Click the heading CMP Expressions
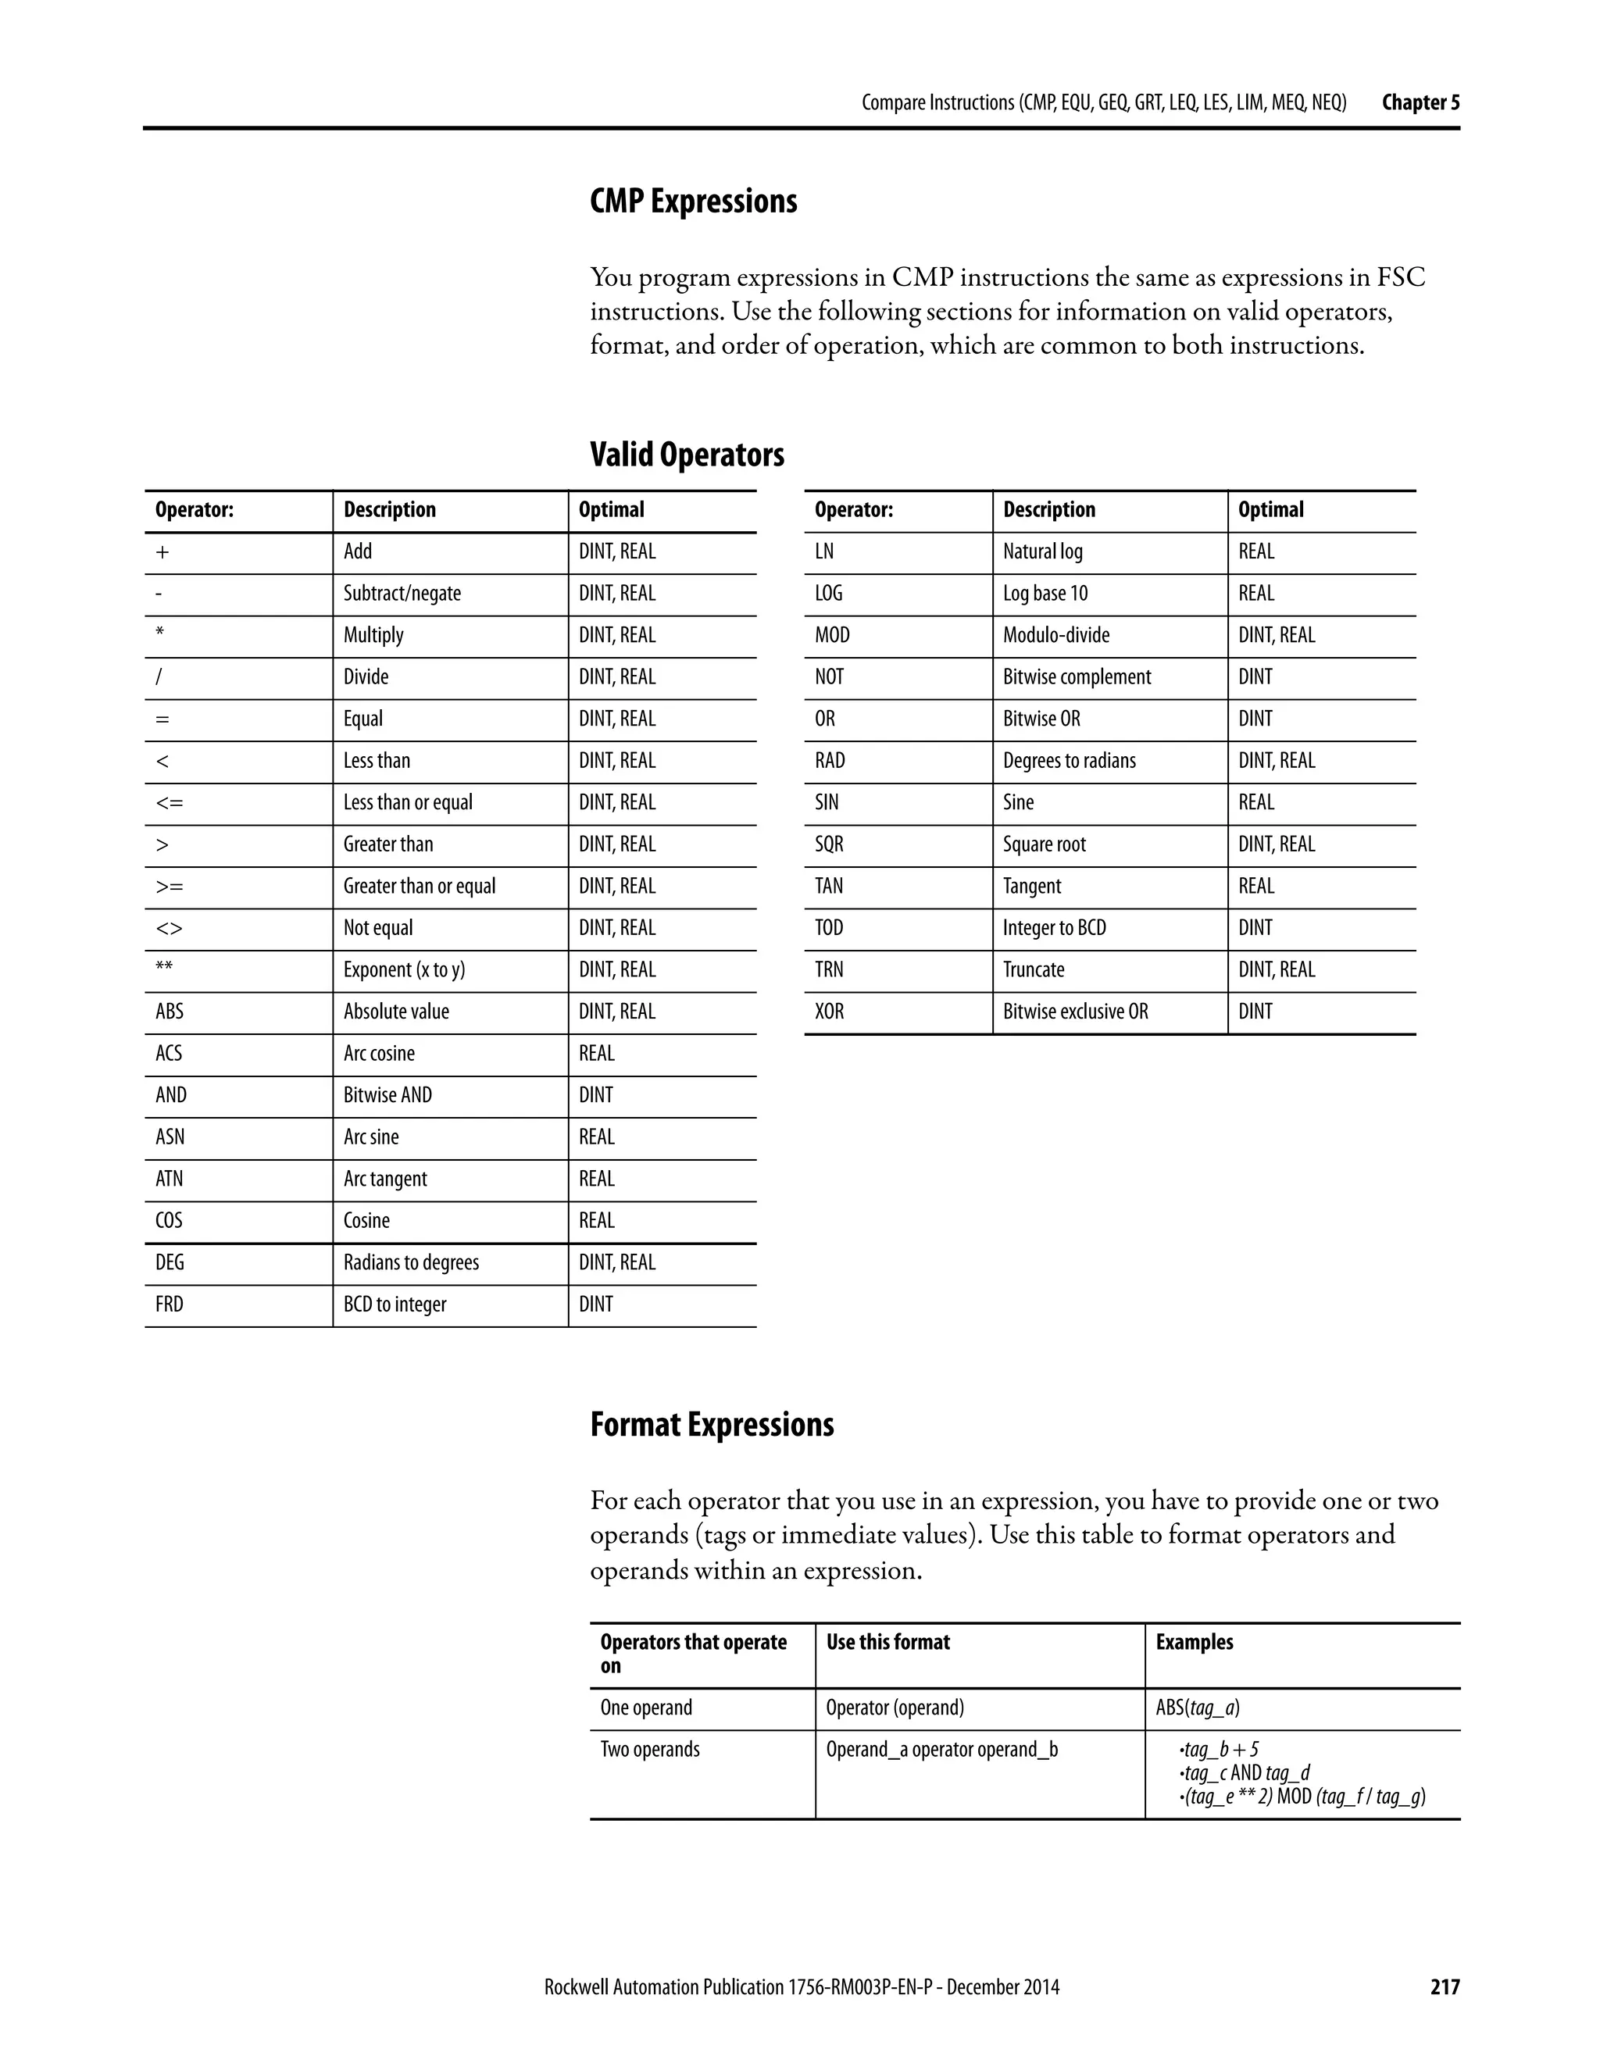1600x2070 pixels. pyautogui.click(x=693, y=201)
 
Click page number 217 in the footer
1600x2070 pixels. pyautogui.click(x=1445, y=1987)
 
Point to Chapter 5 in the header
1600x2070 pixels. pyautogui.click(x=1420, y=102)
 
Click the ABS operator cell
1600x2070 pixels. pyautogui.click(x=170, y=1012)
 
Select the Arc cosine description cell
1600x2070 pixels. pyautogui.click(x=379, y=1053)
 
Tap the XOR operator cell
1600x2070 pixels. pyautogui.click(x=830, y=1012)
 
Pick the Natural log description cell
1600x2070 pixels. pyautogui.click(x=1043, y=551)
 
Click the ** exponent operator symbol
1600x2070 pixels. pyautogui.click(x=164, y=969)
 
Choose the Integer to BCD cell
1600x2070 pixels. pyautogui.click(x=1054, y=928)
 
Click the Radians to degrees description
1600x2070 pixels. pyautogui.click(x=410, y=1262)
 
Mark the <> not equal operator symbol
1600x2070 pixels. pyautogui.click(x=169, y=928)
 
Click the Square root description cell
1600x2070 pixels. pyautogui.click(x=1045, y=844)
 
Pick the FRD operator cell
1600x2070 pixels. pyautogui.click(x=170, y=1304)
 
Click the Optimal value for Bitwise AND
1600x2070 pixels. pyautogui.click(x=596, y=1094)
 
